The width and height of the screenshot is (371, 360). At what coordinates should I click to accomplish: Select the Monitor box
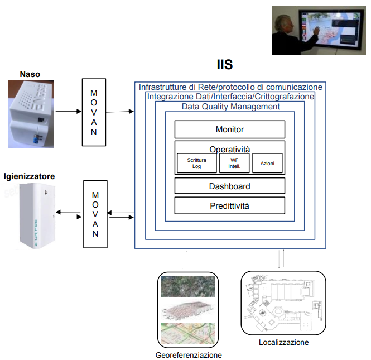(x=230, y=129)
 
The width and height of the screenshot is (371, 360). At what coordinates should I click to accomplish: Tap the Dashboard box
(x=230, y=186)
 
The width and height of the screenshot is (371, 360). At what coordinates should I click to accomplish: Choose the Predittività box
(x=230, y=205)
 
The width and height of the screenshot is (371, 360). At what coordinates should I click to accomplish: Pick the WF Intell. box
(x=230, y=163)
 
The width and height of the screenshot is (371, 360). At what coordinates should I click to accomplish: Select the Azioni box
(x=267, y=163)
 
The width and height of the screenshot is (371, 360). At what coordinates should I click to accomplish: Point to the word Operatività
(x=230, y=149)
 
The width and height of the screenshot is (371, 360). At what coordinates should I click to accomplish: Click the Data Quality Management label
(x=230, y=107)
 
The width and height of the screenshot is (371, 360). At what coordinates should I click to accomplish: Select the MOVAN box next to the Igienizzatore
(x=95, y=214)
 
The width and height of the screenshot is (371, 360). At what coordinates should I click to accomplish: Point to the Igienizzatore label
(x=29, y=176)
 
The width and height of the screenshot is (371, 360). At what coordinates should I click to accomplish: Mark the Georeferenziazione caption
(x=189, y=355)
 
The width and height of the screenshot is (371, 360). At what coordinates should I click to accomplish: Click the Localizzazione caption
(x=283, y=342)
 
